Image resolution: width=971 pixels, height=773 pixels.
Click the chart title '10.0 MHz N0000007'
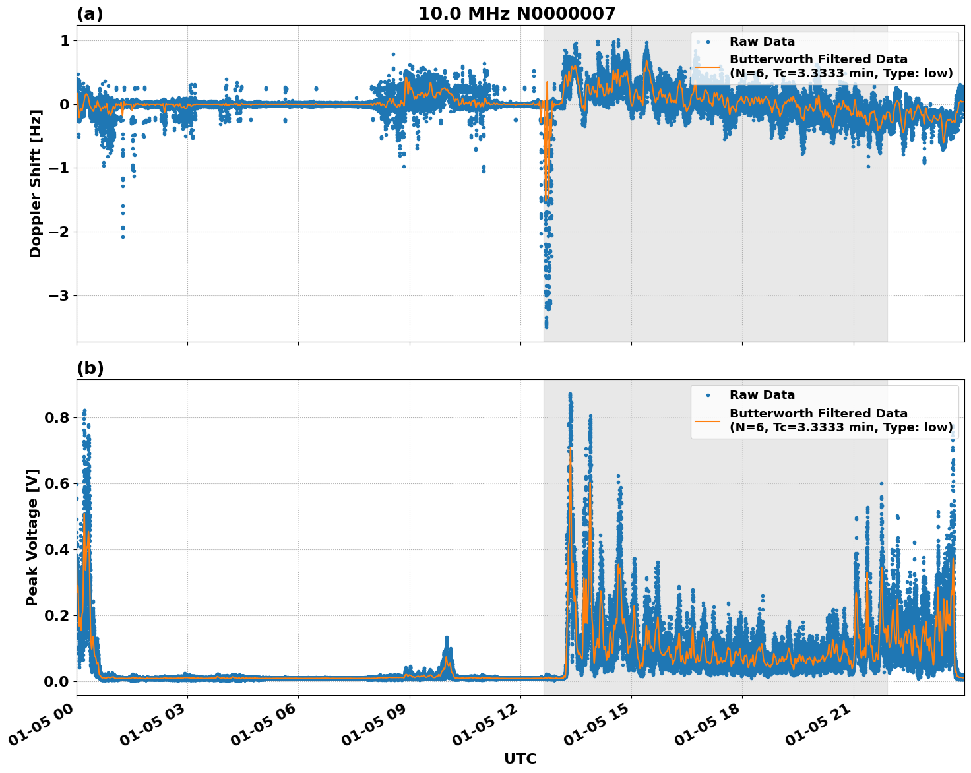pos(517,13)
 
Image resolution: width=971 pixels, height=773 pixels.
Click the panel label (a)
pos(90,14)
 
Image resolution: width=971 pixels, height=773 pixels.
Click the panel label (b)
pos(90,368)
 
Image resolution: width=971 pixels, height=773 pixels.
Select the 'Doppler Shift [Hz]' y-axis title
pos(36,183)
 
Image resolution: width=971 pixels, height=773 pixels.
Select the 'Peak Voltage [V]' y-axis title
pos(32,537)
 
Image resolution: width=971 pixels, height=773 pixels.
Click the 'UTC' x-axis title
pos(520,758)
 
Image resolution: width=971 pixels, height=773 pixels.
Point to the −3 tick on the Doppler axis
pos(58,295)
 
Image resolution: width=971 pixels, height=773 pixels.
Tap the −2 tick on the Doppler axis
pos(58,232)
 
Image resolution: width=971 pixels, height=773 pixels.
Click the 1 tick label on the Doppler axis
pos(65,41)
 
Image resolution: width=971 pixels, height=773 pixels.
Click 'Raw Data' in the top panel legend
pos(762,42)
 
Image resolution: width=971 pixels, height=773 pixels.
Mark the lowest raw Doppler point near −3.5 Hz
pos(546,326)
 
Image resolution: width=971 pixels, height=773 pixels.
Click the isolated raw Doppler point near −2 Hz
pos(123,236)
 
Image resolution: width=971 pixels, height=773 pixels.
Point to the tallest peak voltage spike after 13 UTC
pos(570,394)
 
